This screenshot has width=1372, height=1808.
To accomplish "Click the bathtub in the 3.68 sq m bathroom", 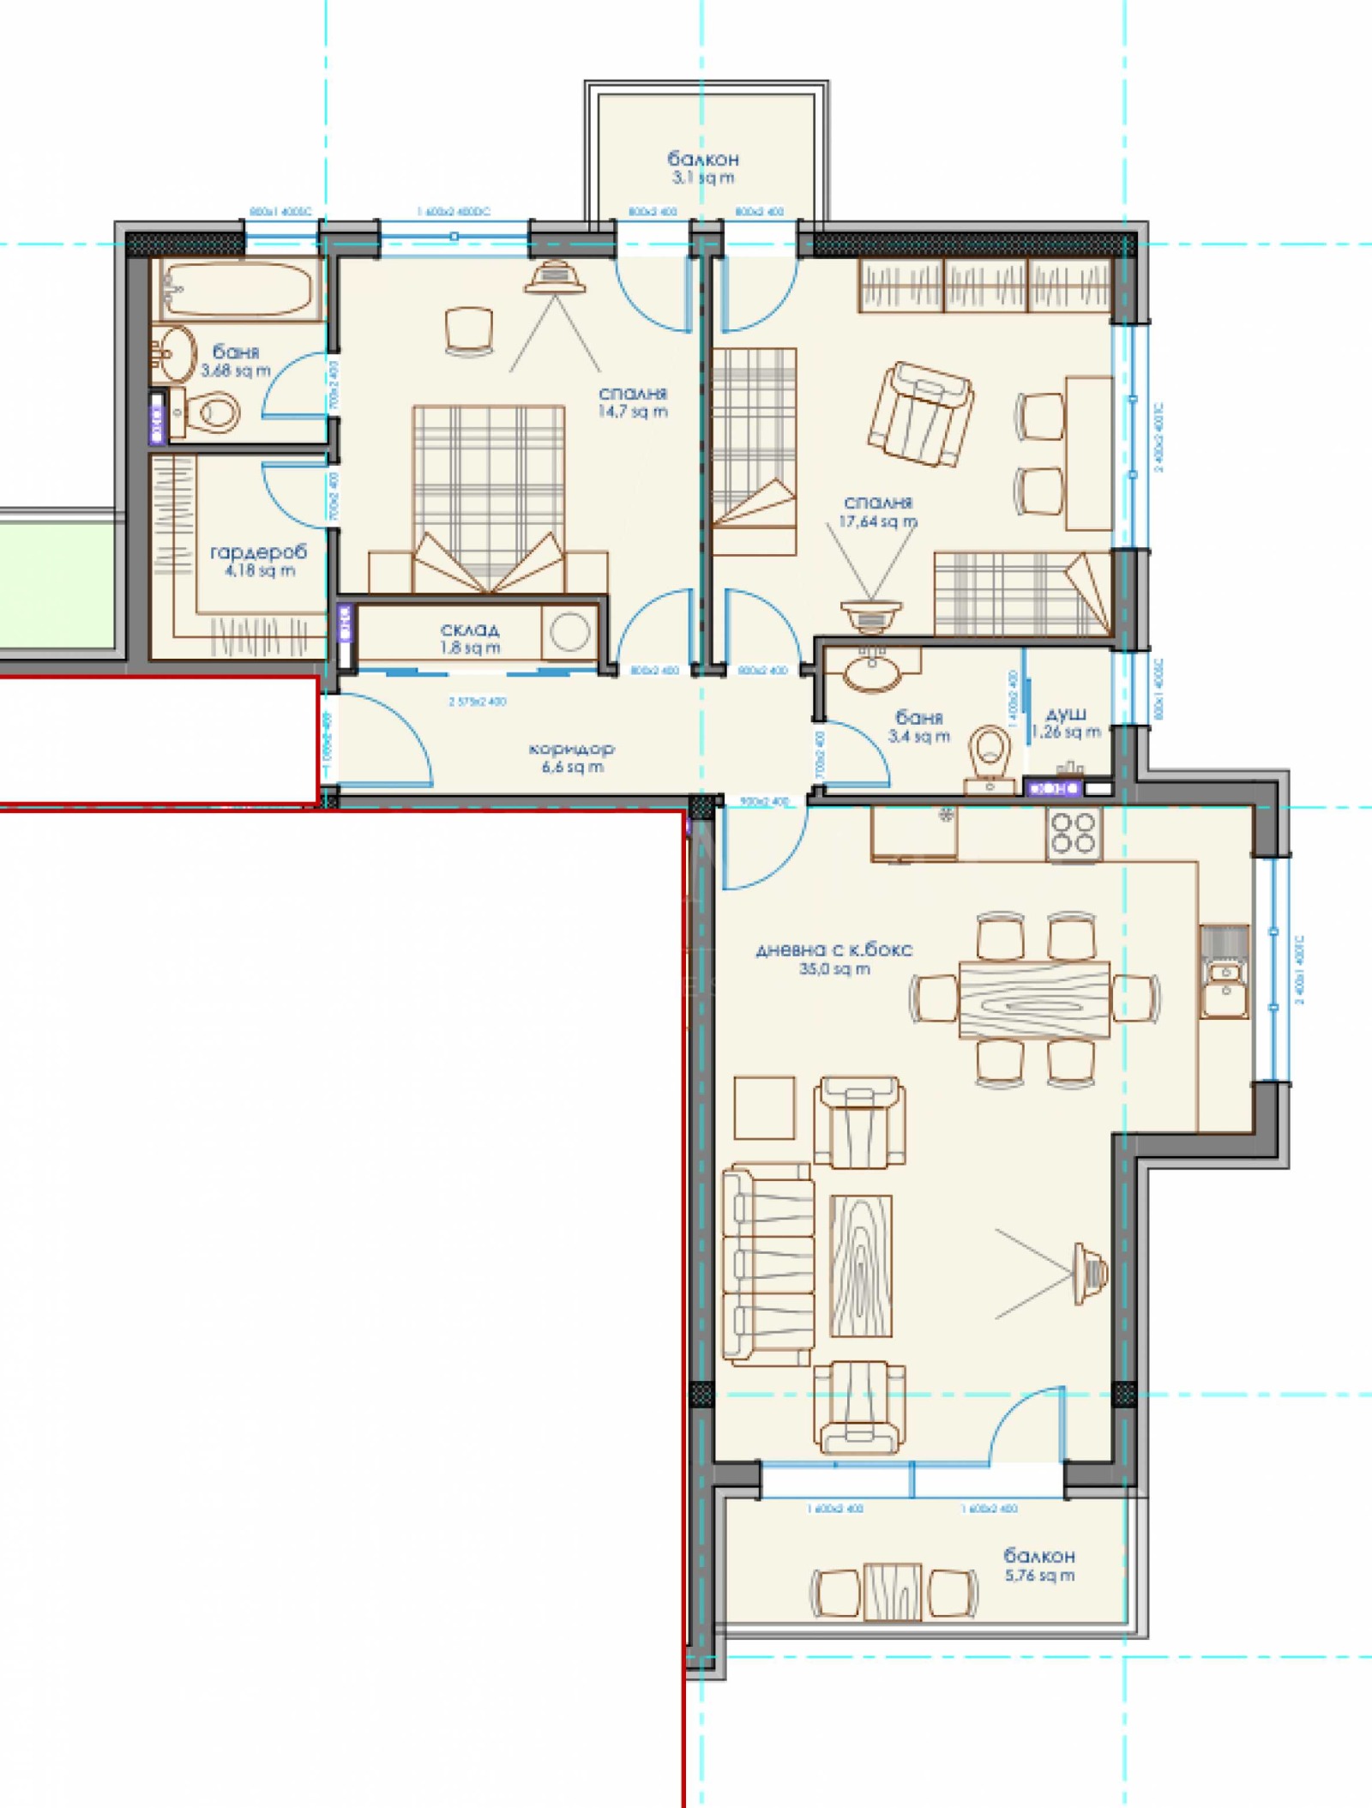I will coord(238,289).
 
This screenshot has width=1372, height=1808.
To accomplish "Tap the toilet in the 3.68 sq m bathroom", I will coord(212,413).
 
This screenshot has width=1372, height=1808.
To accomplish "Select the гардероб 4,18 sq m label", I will coord(258,561).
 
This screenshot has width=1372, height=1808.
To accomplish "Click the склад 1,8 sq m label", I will coord(470,639).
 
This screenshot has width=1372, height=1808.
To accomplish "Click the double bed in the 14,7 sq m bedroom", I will coord(489,497).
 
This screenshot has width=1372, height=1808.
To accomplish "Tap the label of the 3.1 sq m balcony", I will coord(702,167).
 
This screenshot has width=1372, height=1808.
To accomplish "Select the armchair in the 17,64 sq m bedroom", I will coord(920,414).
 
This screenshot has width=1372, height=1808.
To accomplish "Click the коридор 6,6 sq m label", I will coord(572,757).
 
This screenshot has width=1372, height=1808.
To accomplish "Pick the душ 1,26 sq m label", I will coord(1066,723).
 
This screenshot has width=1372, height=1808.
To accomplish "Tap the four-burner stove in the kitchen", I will coord(1074,833).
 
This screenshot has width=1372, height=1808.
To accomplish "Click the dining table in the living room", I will coord(1034,1000).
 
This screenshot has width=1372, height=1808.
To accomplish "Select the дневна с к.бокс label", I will coord(833,958).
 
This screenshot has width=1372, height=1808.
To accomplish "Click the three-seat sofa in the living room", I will coord(767,1263).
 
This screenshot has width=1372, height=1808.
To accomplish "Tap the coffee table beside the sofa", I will coord(860,1266).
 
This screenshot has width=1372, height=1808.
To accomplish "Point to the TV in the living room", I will coord(1090,1273).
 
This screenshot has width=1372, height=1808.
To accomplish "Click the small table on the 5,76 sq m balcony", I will coord(893,1592).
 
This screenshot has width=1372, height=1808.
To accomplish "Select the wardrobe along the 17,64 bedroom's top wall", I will coord(984,286).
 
